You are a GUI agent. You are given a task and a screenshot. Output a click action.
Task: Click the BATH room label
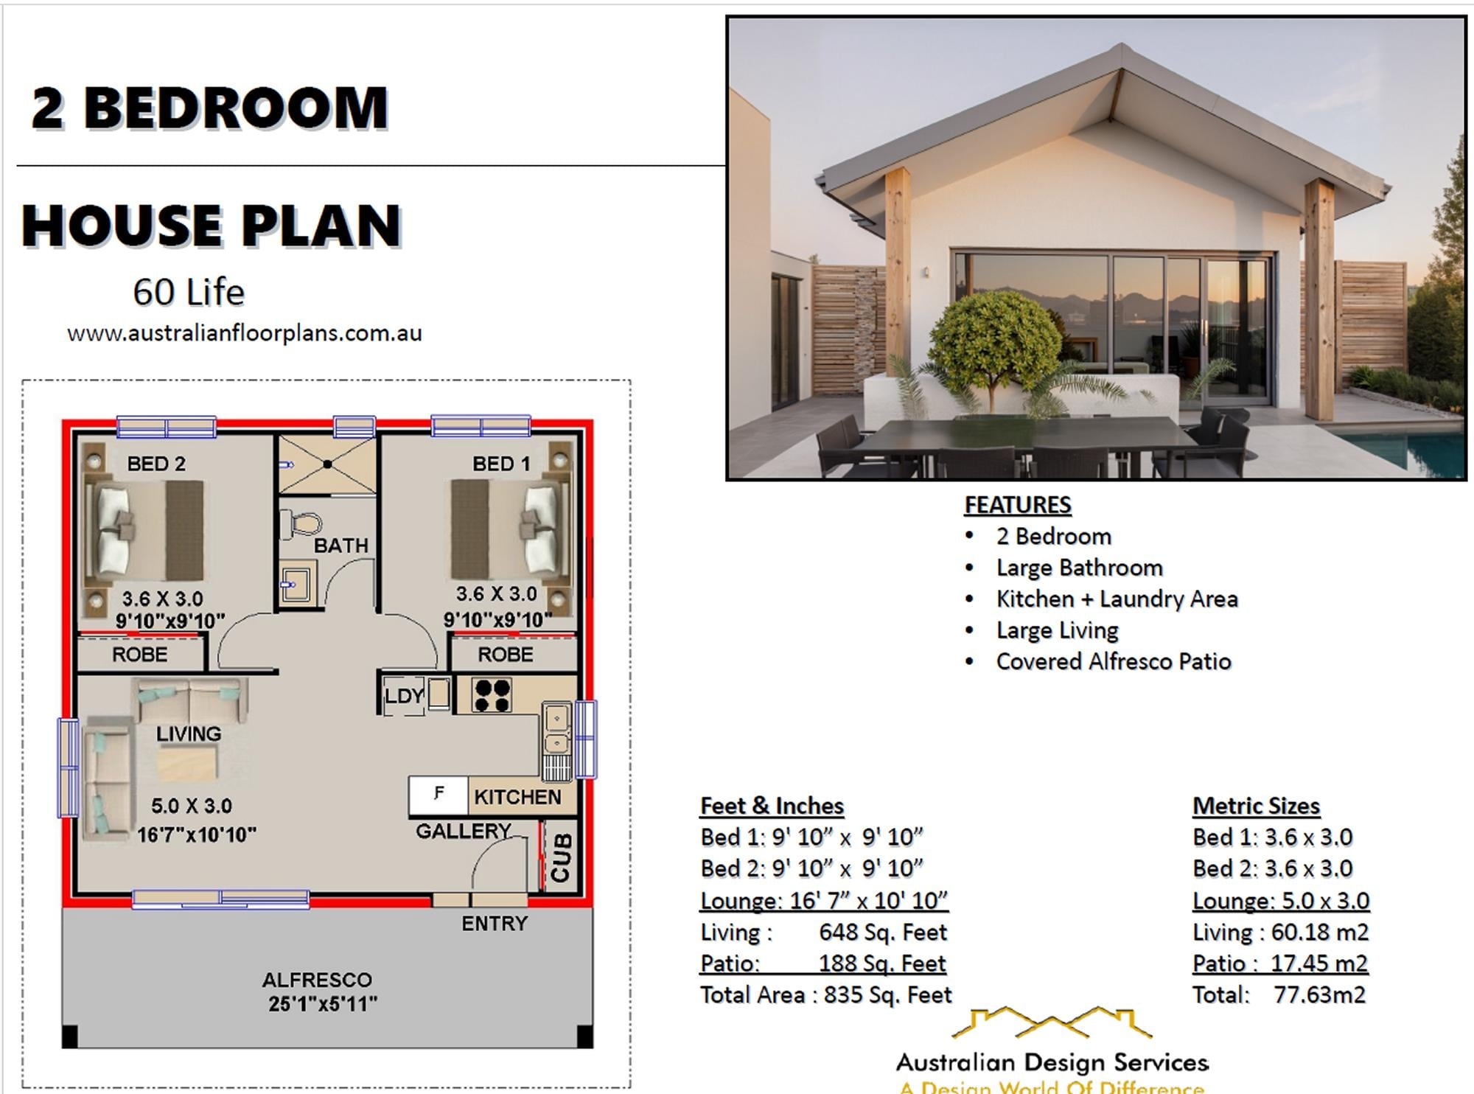click(x=340, y=546)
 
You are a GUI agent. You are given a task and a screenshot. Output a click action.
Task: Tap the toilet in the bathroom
click(x=302, y=525)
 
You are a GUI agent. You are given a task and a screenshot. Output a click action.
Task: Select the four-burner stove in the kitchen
click(x=492, y=695)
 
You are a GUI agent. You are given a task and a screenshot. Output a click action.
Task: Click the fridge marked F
click(x=439, y=795)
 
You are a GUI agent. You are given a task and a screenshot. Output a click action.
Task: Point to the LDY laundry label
click(x=404, y=696)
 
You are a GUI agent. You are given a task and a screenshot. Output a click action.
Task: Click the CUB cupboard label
click(x=561, y=857)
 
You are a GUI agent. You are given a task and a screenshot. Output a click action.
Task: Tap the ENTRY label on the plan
click(x=495, y=924)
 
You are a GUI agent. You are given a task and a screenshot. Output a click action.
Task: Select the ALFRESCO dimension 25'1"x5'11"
click(x=323, y=1004)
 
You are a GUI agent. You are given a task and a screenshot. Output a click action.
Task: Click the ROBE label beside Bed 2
click(x=139, y=655)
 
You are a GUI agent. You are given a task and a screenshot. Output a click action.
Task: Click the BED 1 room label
click(x=501, y=464)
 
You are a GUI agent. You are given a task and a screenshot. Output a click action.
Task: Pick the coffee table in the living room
click(x=187, y=764)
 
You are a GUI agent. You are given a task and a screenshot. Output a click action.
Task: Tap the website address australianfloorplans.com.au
click(x=245, y=333)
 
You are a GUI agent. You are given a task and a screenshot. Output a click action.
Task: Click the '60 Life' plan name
click(x=189, y=292)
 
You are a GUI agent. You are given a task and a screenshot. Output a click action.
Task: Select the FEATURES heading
click(x=1018, y=505)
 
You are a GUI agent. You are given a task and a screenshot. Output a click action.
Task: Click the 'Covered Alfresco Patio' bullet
click(x=1113, y=661)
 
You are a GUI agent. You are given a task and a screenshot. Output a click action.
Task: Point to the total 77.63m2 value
click(x=1319, y=994)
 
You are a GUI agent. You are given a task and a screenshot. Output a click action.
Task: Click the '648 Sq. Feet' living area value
click(x=882, y=933)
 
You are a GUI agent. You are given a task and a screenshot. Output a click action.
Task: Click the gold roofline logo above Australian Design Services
click(x=1051, y=1023)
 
